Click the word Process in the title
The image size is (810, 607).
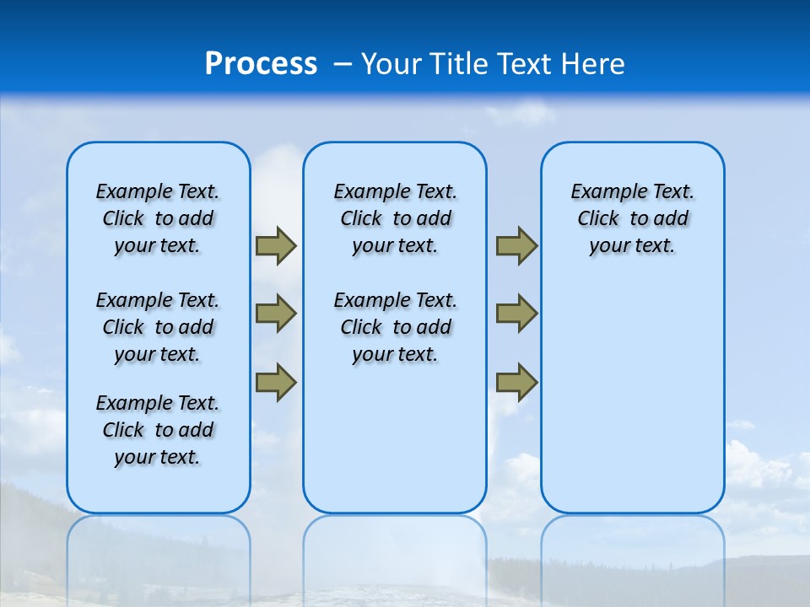pos(261,64)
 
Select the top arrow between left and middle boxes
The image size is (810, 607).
pos(276,245)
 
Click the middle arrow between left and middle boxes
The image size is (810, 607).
pos(276,314)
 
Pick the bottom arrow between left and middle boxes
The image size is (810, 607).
pos(276,382)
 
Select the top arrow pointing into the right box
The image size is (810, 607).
pos(516,245)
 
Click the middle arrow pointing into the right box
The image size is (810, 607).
pos(516,314)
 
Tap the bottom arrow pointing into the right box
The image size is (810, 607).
pos(516,382)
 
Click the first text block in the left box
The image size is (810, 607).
pos(158,218)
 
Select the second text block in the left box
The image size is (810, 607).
pos(158,327)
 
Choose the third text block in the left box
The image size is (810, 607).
pos(158,430)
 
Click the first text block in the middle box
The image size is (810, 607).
pos(395,218)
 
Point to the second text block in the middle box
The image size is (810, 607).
pos(395,327)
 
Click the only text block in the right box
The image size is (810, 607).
pos(632,218)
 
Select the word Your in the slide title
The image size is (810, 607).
pos(391,64)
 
